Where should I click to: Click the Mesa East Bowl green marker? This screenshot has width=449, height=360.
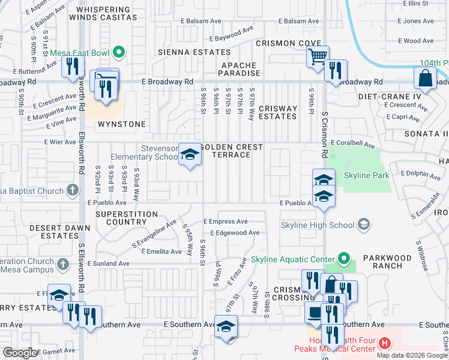tap(118, 53)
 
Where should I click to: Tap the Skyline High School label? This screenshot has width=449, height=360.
tap(318, 225)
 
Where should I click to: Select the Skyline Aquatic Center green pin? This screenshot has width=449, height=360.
tap(343, 259)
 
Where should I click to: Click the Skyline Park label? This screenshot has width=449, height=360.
tap(366, 176)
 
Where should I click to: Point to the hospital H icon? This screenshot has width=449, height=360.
tap(385, 343)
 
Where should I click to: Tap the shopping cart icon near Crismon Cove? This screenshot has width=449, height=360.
tap(318, 57)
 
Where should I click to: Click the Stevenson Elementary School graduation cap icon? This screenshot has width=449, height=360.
tap(190, 155)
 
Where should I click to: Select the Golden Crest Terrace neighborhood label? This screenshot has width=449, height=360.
tap(232, 151)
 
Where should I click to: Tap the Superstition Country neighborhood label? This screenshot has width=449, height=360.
tap(127, 218)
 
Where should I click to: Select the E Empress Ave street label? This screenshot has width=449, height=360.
tap(225, 221)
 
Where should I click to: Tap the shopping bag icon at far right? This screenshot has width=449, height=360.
tap(425, 79)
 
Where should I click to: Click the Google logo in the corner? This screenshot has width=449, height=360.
tap(20, 353)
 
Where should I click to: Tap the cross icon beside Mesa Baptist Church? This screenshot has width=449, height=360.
tap(72, 191)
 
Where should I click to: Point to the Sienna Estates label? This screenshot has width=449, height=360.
tap(186, 52)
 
